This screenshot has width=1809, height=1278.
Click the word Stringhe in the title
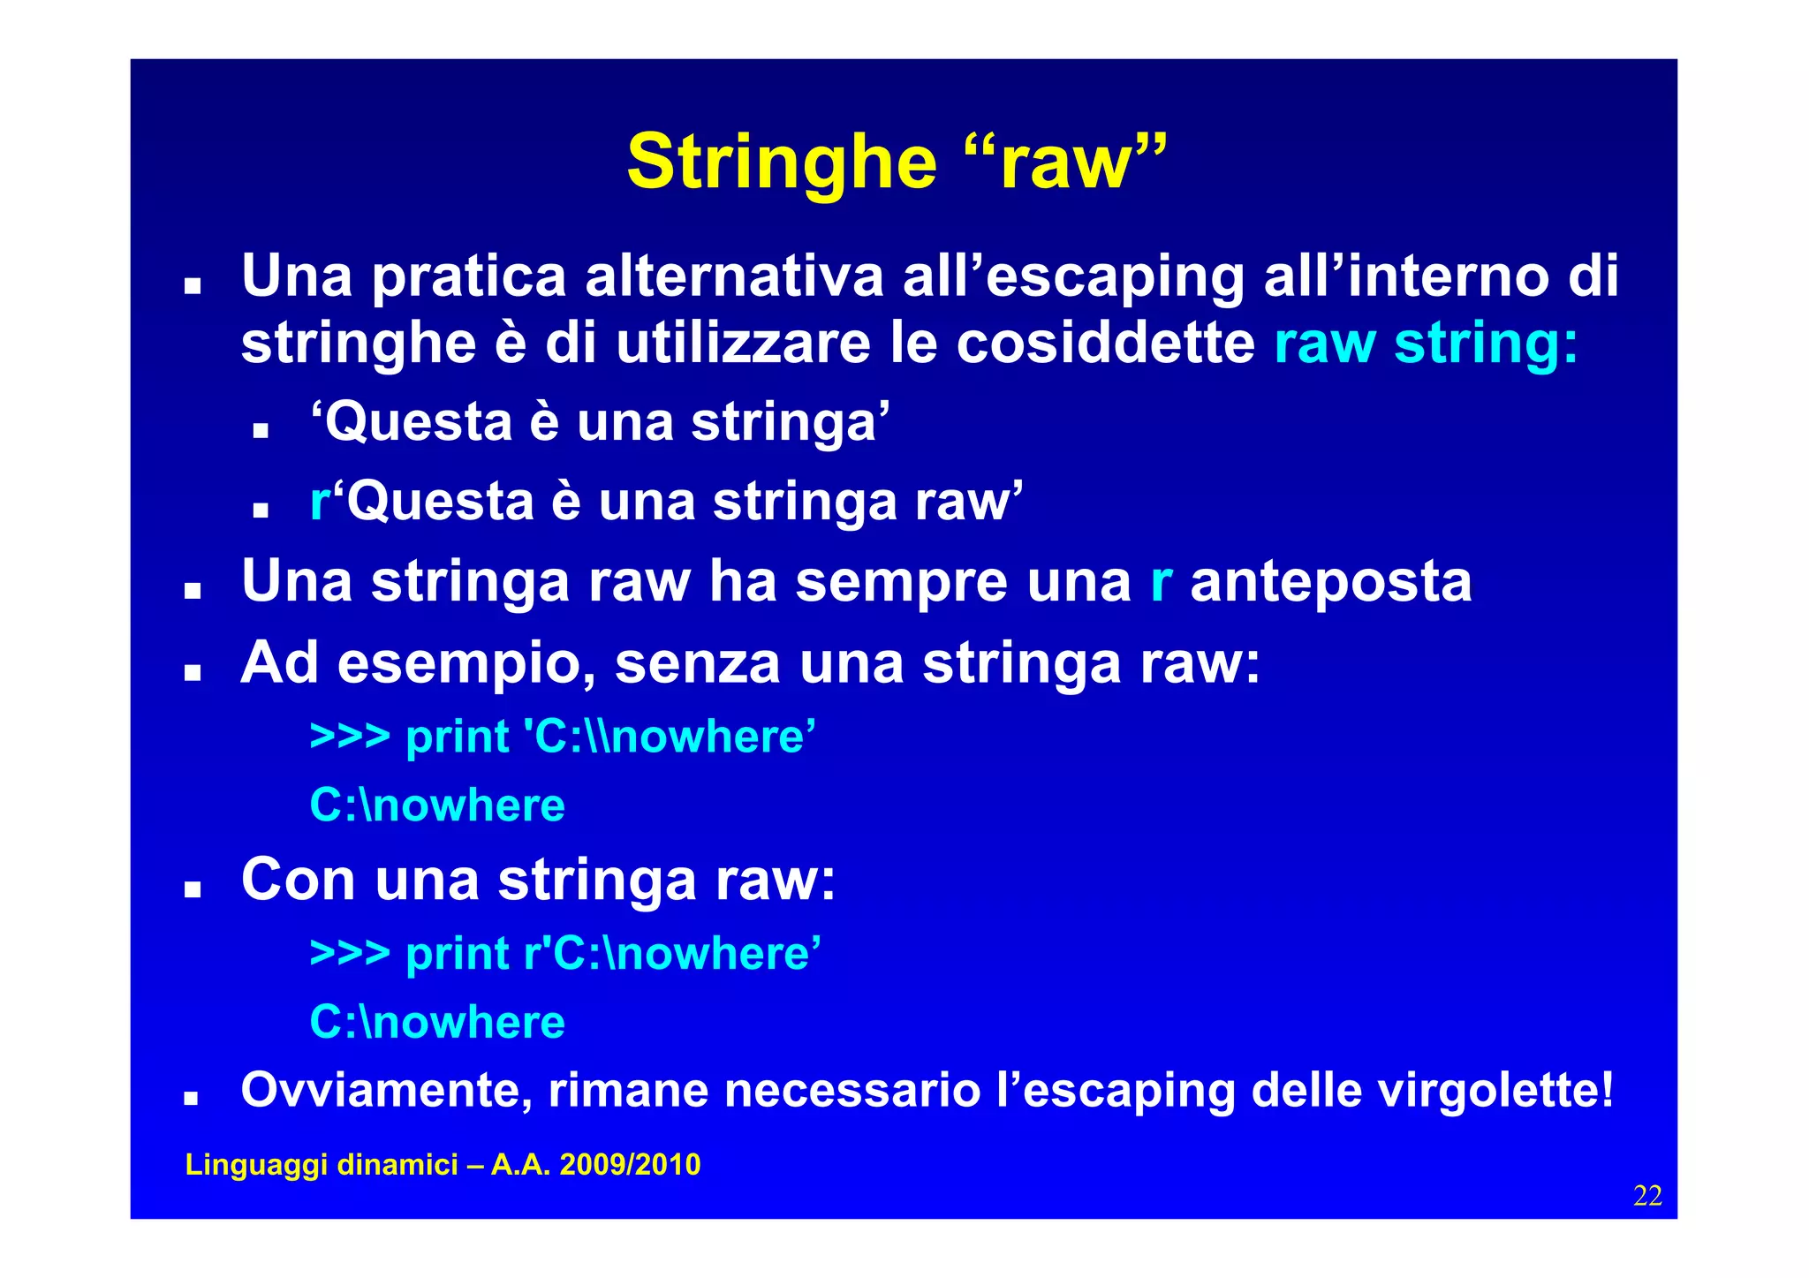[x=781, y=163]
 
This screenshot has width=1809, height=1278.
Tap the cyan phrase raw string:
[x=1425, y=344]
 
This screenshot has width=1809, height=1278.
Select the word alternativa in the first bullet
[x=734, y=276]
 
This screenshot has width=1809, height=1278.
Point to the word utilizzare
[x=743, y=344]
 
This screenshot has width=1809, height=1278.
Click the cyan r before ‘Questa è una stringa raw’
[x=319, y=502]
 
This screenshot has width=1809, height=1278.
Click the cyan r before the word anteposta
[x=1161, y=582]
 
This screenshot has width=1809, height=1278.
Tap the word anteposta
[x=1331, y=582]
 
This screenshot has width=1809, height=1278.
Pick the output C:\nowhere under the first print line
[x=437, y=805]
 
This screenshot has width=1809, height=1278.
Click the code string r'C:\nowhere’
[x=672, y=954]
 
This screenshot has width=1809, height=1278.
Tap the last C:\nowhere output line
[x=437, y=1023]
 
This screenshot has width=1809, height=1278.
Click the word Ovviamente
[x=386, y=1091]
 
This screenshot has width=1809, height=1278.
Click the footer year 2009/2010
[x=630, y=1165]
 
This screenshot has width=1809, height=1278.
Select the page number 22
[x=1647, y=1196]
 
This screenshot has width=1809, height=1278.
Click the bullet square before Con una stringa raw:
[x=193, y=889]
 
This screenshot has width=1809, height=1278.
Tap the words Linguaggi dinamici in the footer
[x=322, y=1165]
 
